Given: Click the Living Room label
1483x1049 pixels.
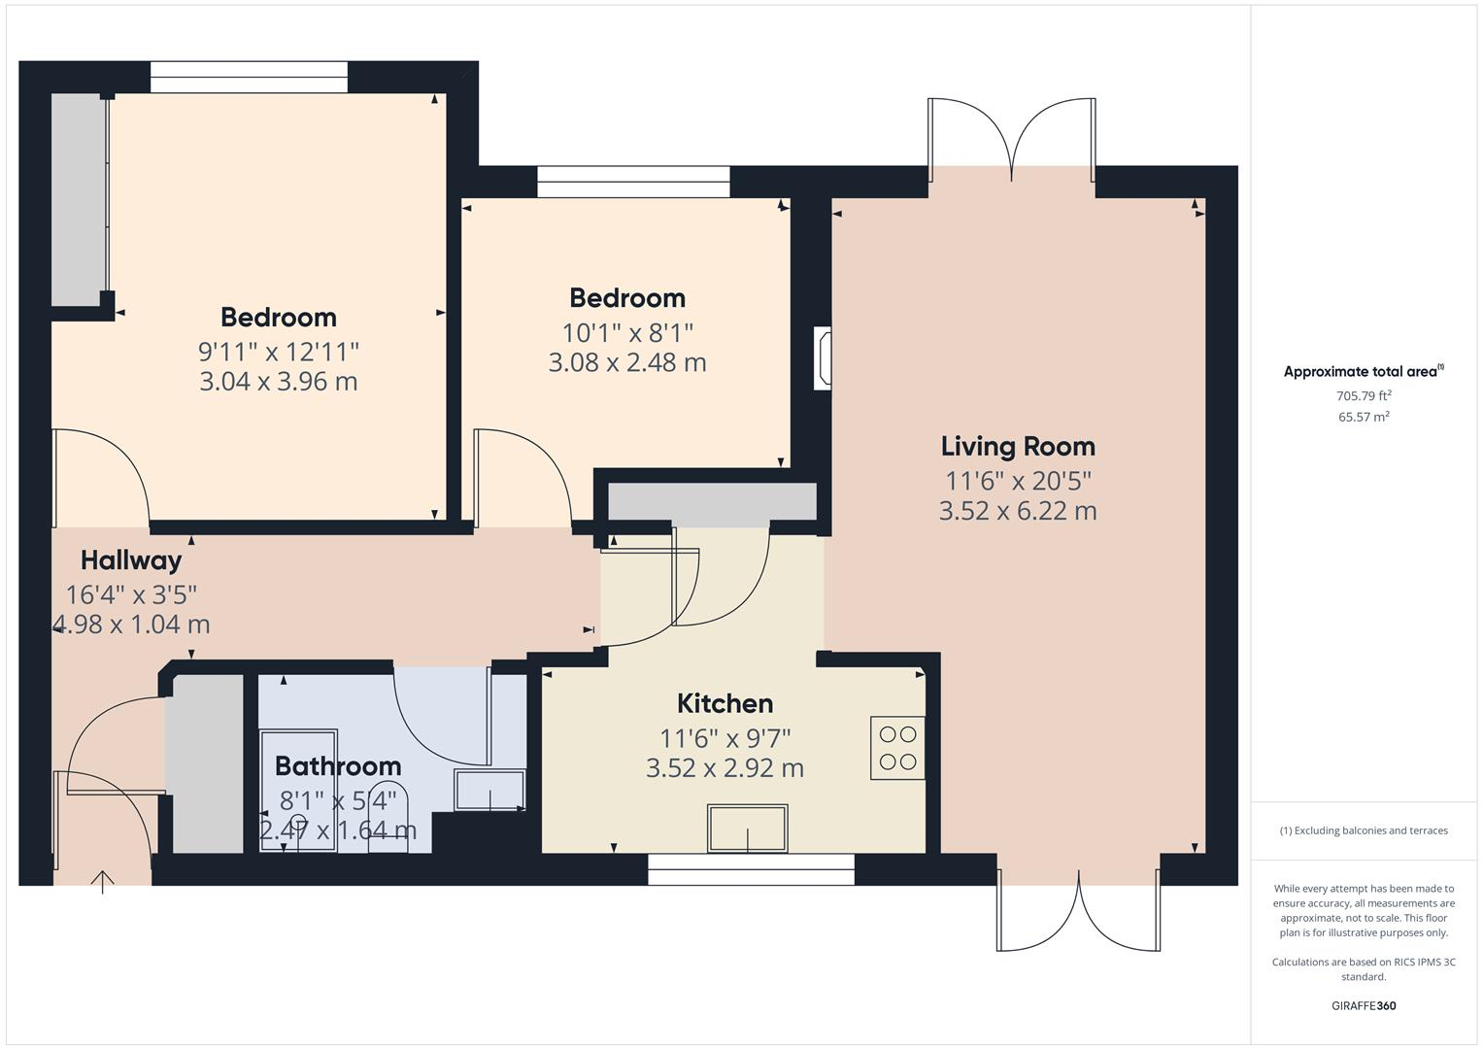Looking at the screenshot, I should [x=1017, y=447].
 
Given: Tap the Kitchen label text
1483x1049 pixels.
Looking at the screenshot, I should [x=725, y=703].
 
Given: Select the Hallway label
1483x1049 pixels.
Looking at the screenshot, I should [x=131, y=560].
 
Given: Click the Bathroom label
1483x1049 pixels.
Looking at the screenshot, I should [x=337, y=766].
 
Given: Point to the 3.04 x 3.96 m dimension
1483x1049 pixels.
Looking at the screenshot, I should [x=278, y=382].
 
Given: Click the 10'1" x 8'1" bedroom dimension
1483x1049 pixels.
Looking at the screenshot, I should [x=627, y=333].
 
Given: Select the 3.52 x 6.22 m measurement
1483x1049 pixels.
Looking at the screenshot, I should [x=1017, y=511].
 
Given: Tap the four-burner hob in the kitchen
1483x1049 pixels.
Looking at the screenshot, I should [x=897, y=748].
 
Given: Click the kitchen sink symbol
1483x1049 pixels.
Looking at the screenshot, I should [x=747, y=829].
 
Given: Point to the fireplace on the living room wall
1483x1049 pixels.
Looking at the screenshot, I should [x=823, y=358].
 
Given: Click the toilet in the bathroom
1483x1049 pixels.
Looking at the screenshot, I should [x=388, y=816].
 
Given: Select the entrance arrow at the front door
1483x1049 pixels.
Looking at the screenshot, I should [x=102, y=880].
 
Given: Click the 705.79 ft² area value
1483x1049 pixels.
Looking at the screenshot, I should [x=1364, y=395].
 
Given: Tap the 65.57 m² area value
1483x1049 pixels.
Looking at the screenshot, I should [x=1364, y=417].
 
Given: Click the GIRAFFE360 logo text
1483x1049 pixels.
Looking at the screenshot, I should [x=1363, y=1005].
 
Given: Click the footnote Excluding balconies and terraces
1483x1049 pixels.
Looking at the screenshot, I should [x=1363, y=830].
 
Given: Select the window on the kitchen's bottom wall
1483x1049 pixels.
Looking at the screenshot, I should [x=751, y=869].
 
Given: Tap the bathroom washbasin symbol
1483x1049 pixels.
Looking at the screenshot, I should [x=490, y=791].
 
